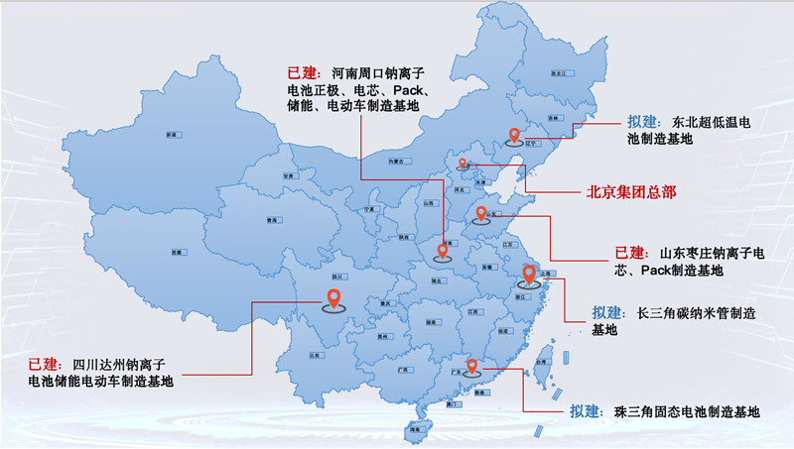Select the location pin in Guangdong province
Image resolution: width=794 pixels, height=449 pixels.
click(x=473, y=366)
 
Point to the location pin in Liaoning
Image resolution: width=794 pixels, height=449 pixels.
click(x=514, y=137)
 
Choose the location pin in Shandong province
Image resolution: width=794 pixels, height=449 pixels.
click(x=481, y=214)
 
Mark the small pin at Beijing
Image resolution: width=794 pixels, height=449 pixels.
click(x=463, y=163)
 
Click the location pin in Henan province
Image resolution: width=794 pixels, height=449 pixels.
click(x=443, y=251)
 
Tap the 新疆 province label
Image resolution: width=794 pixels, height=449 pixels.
click(x=172, y=133)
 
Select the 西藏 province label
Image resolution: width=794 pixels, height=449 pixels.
click(x=176, y=254)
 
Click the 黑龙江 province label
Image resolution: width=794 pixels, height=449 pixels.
click(x=558, y=74)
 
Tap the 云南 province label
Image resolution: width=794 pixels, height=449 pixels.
click(x=315, y=354)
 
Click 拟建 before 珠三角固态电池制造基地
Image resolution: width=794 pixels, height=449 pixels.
click(x=587, y=411)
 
